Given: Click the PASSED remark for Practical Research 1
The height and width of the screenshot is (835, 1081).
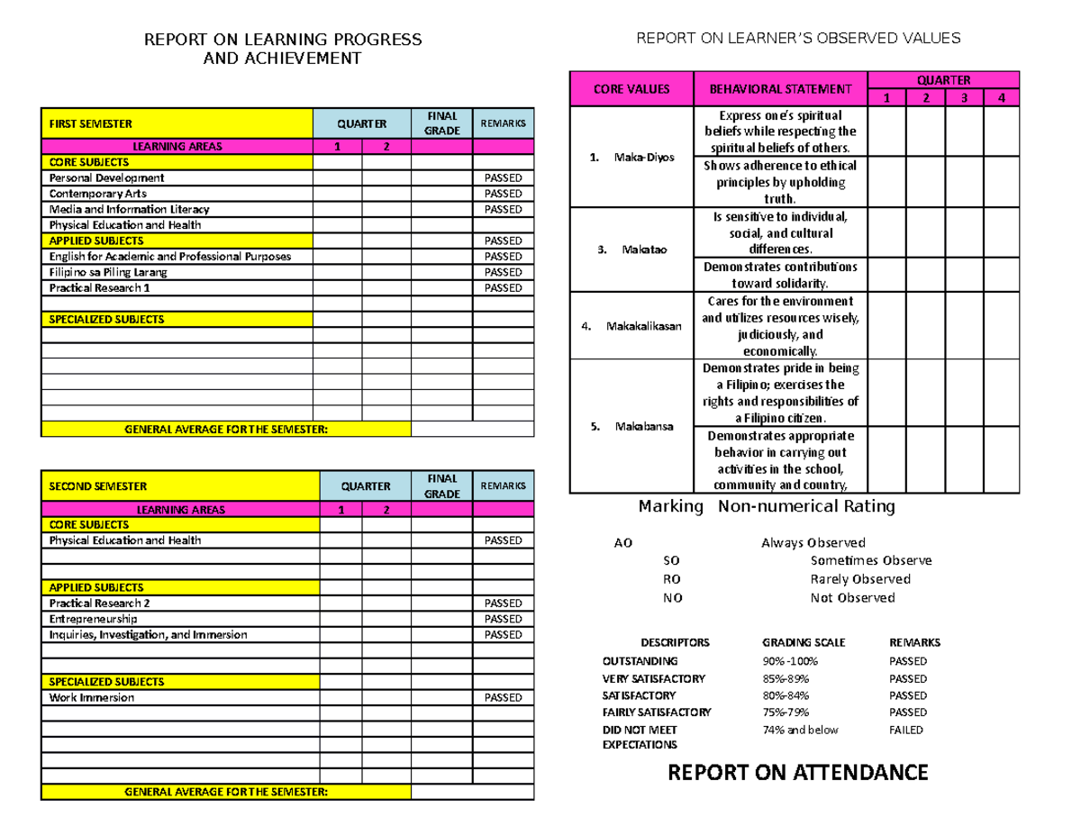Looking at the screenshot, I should point(503,288).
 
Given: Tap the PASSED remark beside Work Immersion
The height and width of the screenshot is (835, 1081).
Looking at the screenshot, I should point(503,697).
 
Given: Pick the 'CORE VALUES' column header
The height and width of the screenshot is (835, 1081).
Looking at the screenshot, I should point(631,89).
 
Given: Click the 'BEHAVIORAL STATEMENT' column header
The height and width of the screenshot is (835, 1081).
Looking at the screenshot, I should point(780,89).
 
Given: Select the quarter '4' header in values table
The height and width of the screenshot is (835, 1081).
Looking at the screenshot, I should point(999,98).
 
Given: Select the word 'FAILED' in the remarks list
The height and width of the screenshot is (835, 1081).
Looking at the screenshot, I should point(905,730).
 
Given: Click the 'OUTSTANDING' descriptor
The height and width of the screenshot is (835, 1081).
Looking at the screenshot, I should point(640,661).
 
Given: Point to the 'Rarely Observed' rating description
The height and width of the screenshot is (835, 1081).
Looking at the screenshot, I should point(860,579).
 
